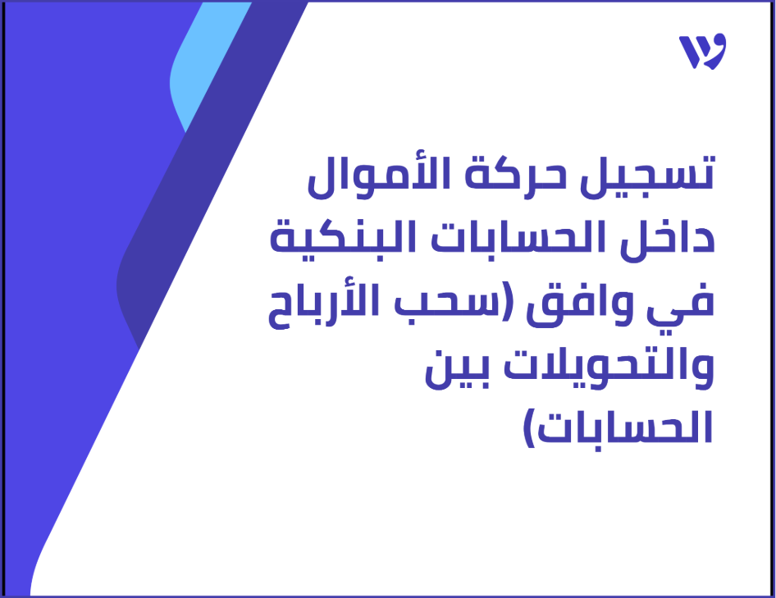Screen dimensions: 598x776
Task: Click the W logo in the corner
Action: coord(703,52)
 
